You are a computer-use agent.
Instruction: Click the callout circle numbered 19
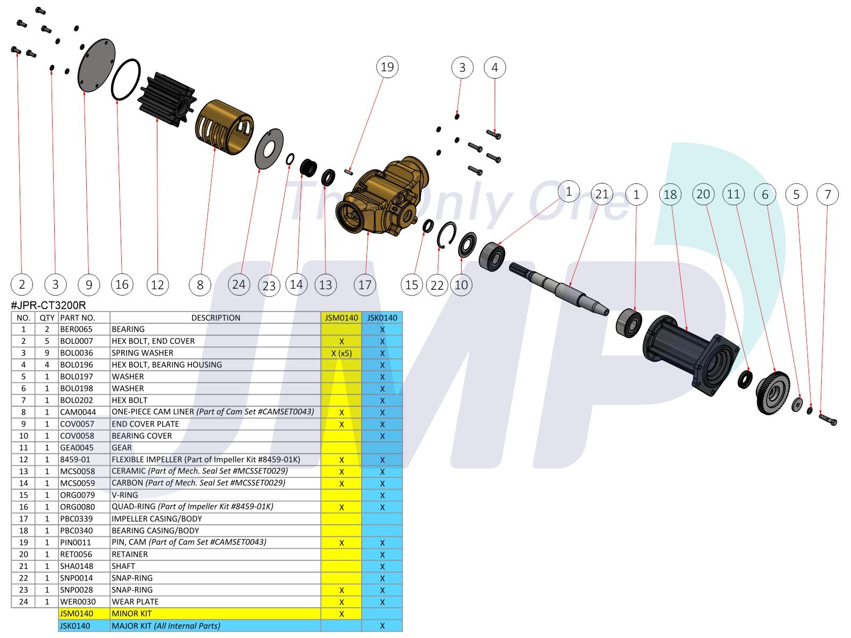click(387, 68)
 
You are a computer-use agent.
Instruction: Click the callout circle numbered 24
click(239, 285)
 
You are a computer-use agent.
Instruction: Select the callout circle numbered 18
click(670, 195)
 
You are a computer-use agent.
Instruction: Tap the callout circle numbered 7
click(828, 195)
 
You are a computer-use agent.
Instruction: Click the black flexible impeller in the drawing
click(166, 99)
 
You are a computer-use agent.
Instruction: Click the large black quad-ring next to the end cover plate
click(126, 79)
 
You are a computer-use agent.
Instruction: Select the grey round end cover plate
click(96, 65)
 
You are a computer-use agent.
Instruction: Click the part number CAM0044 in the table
click(78, 412)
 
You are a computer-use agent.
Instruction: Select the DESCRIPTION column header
click(215, 318)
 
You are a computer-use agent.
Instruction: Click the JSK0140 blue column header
click(382, 318)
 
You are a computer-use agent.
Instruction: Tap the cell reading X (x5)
click(341, 353)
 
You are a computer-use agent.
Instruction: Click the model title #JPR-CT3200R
click(48, 306)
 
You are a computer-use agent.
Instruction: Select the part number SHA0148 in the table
click(77, 566)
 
